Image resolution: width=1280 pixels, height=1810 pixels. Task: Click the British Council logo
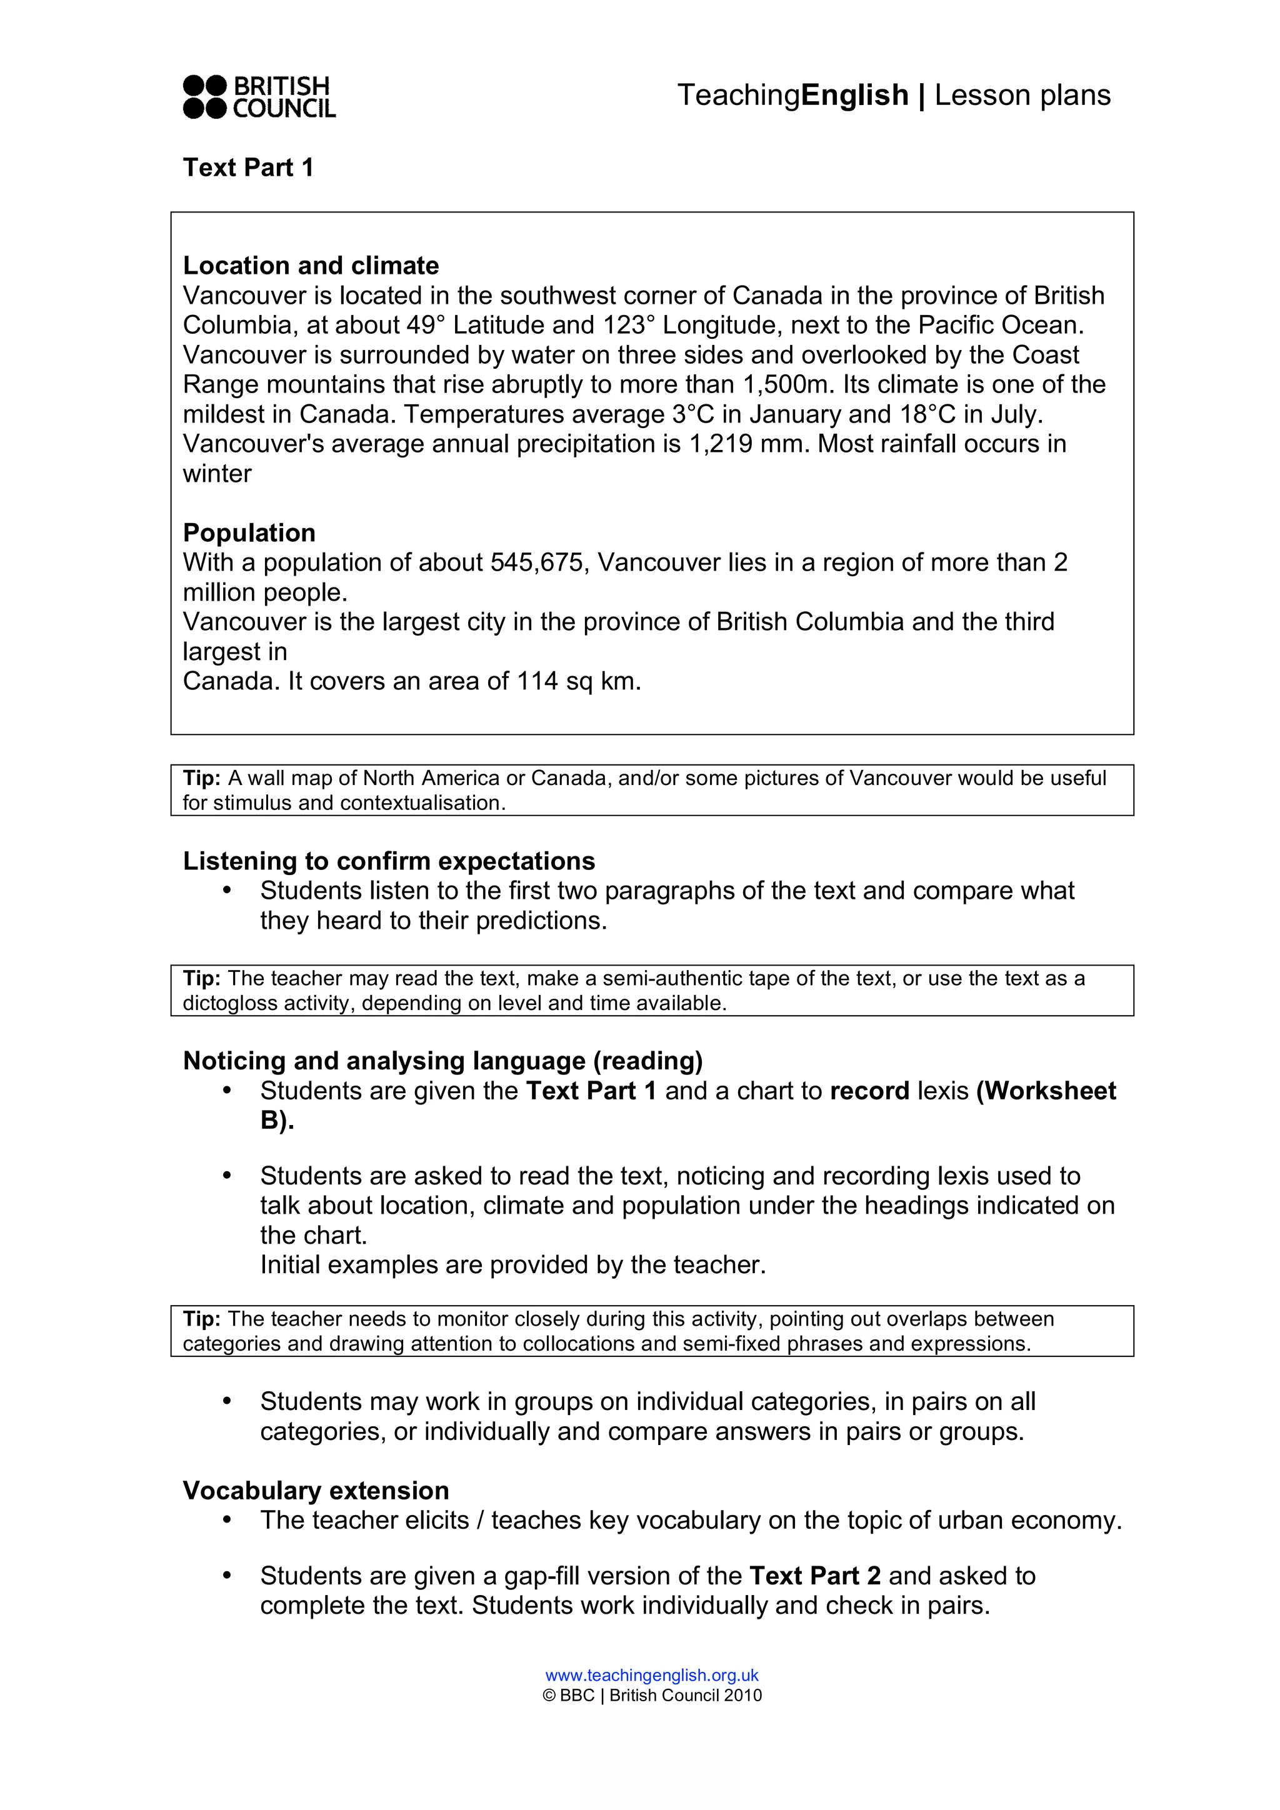coord(259,97)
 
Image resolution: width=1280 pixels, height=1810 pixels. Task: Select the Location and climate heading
coord(311,266)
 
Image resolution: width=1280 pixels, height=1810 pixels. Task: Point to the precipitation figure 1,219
coord(721,444)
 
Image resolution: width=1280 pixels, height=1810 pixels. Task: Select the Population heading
coord(249,533)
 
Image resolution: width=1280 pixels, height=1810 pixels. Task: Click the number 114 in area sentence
coord(537,681)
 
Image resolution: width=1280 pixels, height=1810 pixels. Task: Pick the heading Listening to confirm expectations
coord(389,861)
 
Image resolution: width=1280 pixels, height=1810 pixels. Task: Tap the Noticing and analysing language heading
coord(442,1061)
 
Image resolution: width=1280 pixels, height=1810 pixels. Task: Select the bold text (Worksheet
coord(1046,1091)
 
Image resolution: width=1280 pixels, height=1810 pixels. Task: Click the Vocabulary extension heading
coord(315,1491)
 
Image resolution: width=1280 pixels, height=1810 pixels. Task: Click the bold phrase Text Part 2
coord(815,1576)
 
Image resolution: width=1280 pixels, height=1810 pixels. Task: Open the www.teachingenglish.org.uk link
coord(652,1675)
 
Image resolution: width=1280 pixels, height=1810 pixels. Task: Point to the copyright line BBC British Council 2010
coord(652,1696)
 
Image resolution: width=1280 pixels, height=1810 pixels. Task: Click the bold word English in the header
coord(854,96)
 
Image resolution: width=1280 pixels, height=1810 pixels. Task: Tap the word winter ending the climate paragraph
coord(217,474)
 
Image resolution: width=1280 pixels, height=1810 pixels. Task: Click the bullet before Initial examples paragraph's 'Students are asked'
coord(227,1176)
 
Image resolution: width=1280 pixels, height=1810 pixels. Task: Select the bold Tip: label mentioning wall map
coord(202,778)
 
